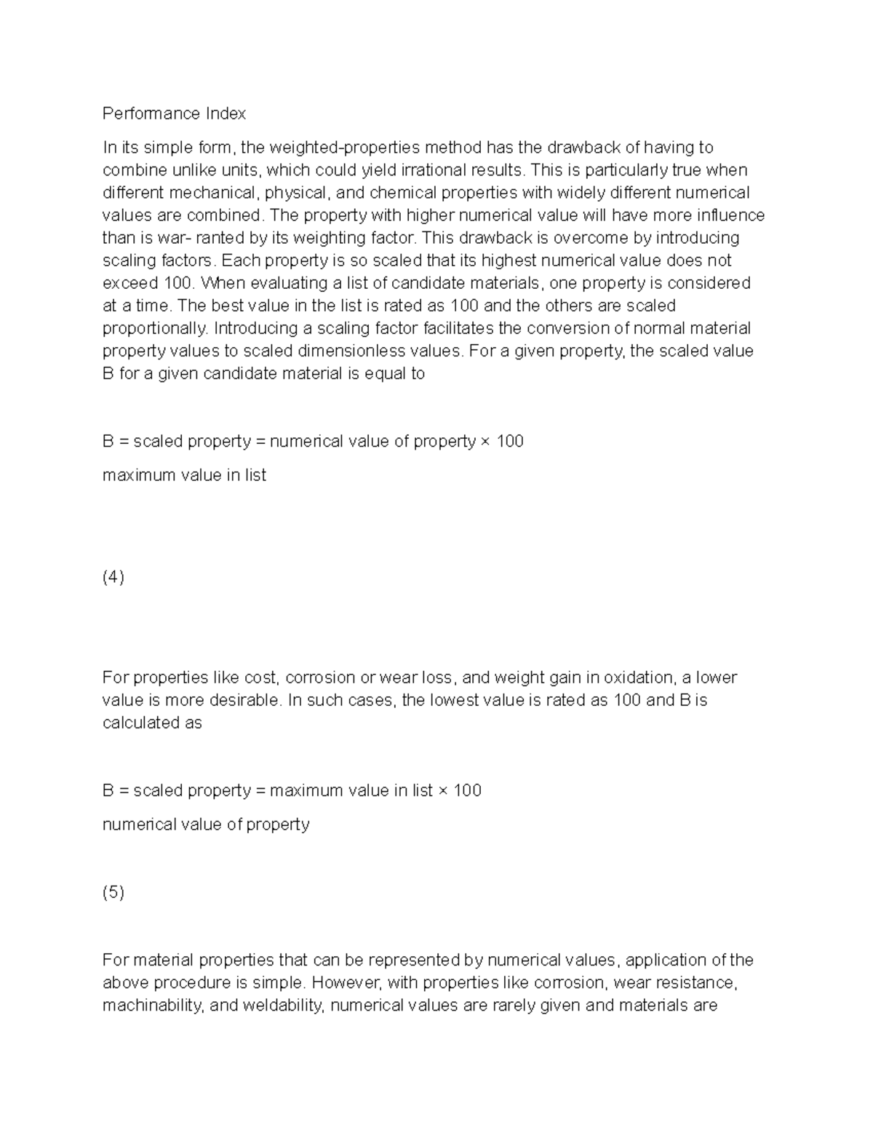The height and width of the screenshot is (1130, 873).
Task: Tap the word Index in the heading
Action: (226, 114)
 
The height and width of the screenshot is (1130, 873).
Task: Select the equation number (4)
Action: (113, 577)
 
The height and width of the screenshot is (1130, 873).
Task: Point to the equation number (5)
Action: (113, 892)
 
